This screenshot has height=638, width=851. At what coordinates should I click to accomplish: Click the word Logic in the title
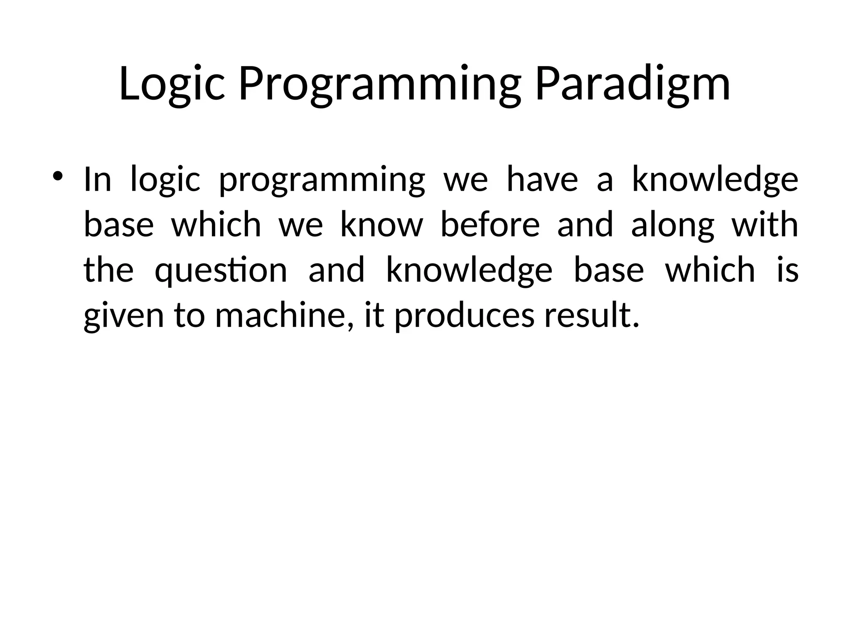[172, 84]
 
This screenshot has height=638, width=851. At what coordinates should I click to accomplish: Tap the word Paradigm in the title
[632, 84]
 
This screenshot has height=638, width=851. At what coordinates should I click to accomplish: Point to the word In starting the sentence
[98, 179]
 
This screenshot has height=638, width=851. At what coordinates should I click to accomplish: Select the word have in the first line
[542, 179]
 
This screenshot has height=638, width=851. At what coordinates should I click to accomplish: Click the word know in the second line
[381, 225]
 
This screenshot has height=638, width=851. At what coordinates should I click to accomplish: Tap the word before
[489, 225]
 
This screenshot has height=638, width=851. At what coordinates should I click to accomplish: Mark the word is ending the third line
[787, 270]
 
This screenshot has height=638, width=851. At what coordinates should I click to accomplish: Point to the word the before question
[108, 270]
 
